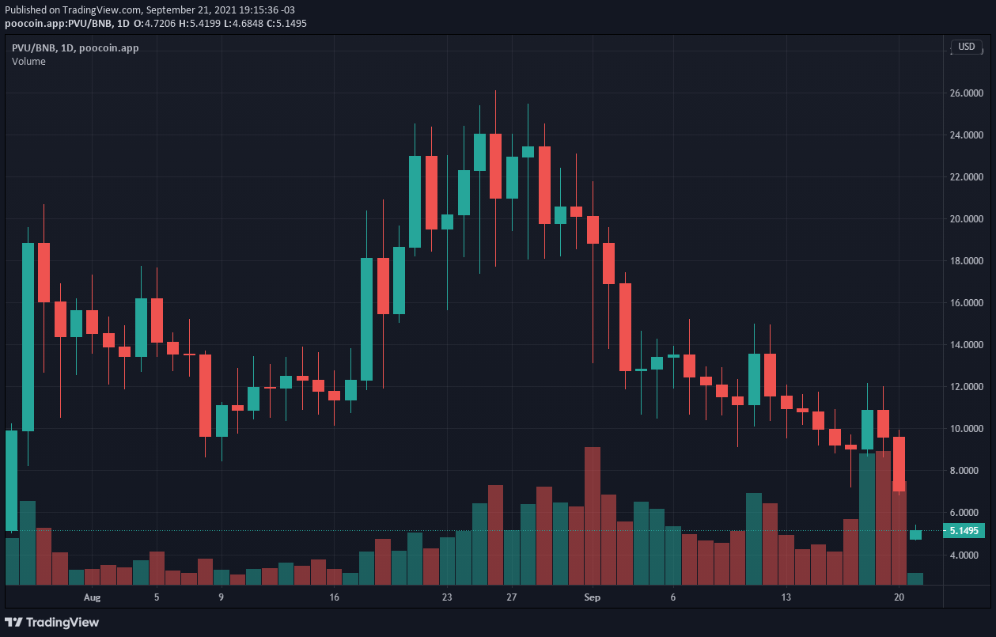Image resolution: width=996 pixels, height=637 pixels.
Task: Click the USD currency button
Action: point(967,47)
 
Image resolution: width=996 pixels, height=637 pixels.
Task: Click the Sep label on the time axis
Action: point(592,597)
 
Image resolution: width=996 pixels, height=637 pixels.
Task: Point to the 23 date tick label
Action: point(447,597)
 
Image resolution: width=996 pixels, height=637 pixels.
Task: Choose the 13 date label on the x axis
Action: point(786,597)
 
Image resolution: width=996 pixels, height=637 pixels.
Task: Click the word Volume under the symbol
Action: point(28,62)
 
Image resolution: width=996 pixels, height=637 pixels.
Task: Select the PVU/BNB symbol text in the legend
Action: point(33,47)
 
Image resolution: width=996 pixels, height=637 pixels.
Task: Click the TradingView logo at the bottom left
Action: point(52,622)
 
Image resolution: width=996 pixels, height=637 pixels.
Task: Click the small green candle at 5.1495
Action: point(915,535)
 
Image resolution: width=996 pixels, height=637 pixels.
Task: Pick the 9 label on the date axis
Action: point(221,597)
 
